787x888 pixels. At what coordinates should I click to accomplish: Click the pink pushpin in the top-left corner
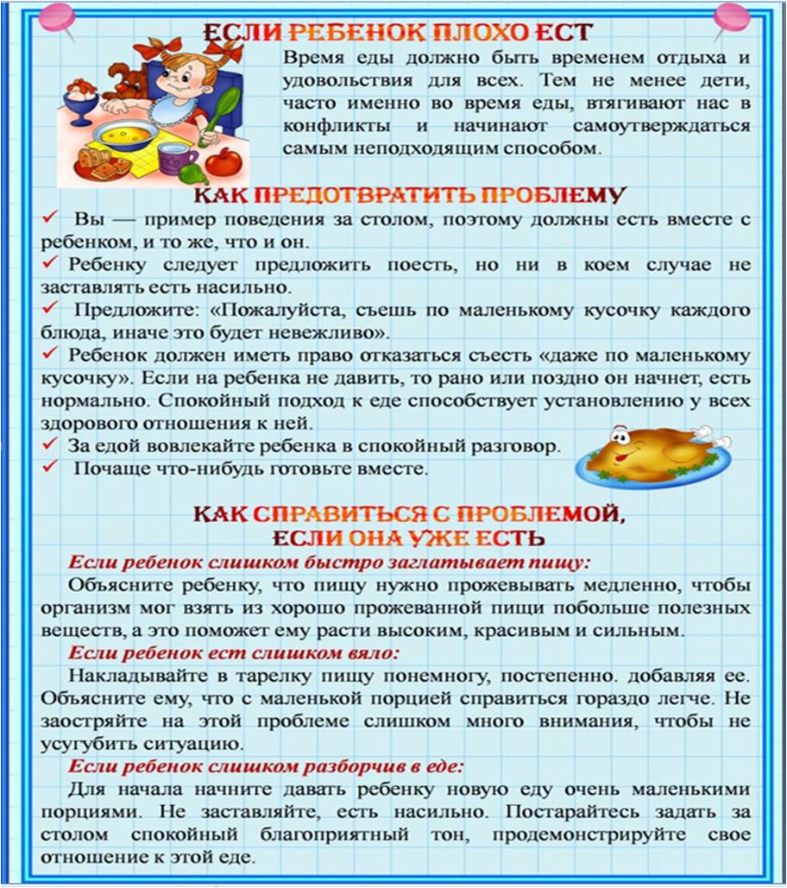pos(58,16)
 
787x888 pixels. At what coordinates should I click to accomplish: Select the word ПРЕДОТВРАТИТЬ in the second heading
pos(356,194)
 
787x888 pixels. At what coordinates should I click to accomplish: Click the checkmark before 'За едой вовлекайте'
pos(53,444)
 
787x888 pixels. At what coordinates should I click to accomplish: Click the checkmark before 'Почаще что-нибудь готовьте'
pos(53,468)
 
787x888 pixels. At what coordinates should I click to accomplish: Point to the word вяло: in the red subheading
pos(371,652)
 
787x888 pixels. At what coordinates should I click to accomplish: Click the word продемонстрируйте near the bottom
pos(585,835)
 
